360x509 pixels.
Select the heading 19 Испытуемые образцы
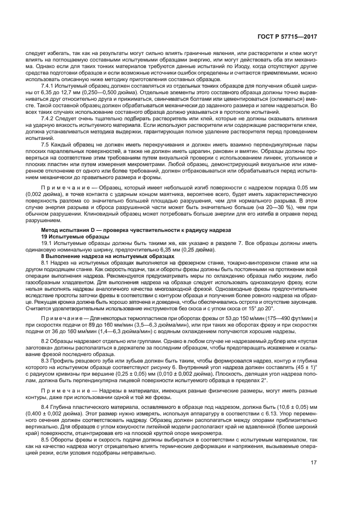[x=71, y=237]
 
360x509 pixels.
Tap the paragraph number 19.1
[x=47, y=243]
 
